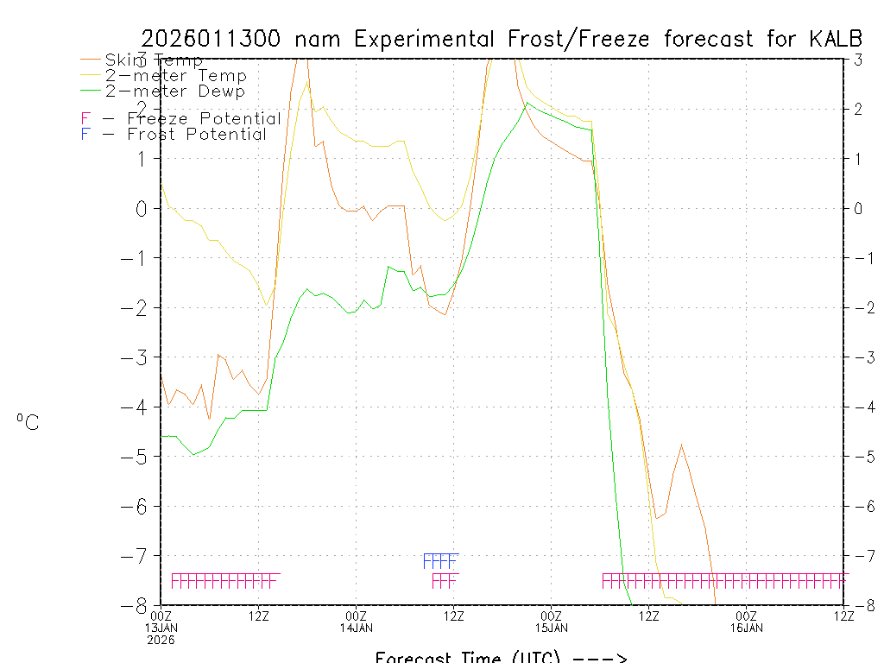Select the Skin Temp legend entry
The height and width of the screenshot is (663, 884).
(154, 60)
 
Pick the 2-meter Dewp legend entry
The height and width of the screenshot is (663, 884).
(174, 91)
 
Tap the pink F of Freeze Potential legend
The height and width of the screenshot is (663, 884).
(85, 118)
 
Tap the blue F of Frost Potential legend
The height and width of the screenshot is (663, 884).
(85, 134)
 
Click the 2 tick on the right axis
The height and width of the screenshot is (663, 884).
(858, 109)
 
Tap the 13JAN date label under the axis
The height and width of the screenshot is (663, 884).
(161, 627)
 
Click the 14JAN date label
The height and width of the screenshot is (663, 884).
(357, 627)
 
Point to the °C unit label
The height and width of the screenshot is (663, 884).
(27, 421)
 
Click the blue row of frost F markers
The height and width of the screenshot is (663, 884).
(439, 560)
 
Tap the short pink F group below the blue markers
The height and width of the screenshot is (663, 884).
(444, 580)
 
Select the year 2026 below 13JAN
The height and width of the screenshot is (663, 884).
(161, 640)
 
